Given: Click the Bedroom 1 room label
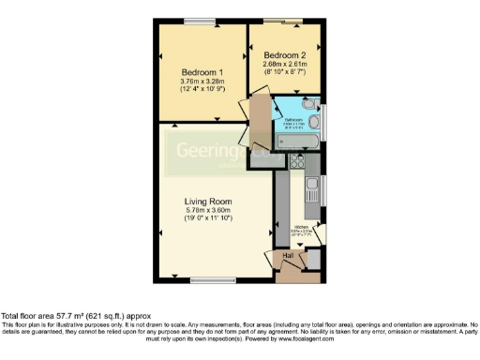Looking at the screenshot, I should pos(202,72).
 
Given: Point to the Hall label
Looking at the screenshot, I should pos(289,255).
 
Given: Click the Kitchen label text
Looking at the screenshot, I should pos(302,227).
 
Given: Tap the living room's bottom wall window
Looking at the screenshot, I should pos(206,279).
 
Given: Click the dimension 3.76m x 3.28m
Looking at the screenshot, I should pos(202,82).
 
